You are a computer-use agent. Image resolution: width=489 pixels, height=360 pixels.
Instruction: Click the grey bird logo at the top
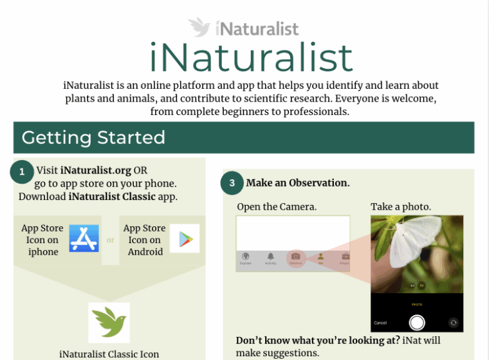(200, 27)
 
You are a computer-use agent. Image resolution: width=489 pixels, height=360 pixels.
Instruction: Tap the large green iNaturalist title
(252, 58)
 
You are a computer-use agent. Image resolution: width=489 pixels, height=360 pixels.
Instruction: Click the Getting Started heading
(93, 138)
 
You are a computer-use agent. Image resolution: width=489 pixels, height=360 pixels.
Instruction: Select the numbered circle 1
(23, 172)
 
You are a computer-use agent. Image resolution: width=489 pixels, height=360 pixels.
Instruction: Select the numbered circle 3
(232, 183)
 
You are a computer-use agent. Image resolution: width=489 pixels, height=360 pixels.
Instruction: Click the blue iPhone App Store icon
(84, 239)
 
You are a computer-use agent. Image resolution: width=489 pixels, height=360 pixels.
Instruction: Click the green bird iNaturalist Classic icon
(109, 323)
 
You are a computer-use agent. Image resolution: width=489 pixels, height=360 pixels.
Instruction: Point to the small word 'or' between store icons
(110, 240)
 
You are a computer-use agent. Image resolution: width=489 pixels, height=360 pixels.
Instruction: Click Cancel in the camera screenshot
(380, 323)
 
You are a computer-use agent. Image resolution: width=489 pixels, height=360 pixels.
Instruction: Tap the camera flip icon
(454, 323)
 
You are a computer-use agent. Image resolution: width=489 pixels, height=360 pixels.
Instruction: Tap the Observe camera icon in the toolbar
(295, 256)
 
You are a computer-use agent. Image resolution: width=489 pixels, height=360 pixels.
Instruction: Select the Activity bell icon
(270, 256)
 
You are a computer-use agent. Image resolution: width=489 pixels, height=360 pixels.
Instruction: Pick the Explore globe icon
(245, 256)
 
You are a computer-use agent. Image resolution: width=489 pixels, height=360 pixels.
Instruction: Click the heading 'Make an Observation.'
(298, 183)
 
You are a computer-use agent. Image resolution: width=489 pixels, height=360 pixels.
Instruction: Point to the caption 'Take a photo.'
(401, 206)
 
